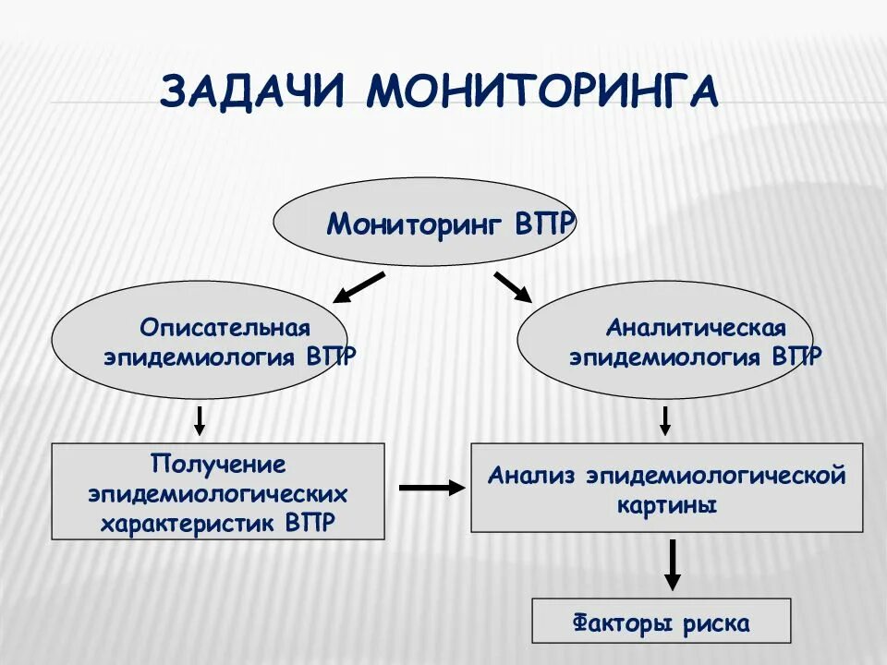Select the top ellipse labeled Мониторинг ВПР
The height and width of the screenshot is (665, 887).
425,223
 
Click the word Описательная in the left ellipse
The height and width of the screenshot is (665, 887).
225,328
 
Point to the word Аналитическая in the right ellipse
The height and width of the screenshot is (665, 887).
696,328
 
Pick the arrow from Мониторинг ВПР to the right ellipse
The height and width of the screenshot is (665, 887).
513,287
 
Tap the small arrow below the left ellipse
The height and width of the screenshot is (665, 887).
199,420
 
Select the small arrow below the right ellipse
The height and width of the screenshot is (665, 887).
664,420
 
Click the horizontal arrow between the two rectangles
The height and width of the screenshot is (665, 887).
431,487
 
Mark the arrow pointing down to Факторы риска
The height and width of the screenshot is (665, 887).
673,563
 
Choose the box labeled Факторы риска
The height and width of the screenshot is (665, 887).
662,621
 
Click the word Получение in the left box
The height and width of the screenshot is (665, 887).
218,462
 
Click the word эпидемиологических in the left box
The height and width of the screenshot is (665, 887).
218,492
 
